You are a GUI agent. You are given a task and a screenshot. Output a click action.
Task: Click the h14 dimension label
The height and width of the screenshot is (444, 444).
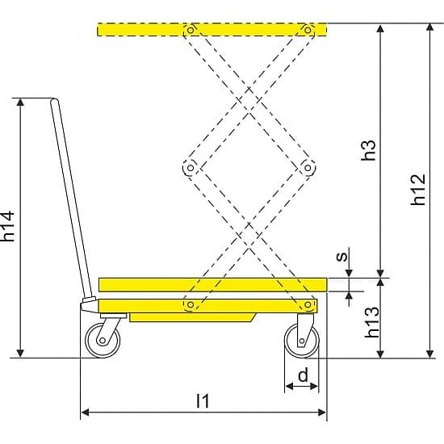click(x=8, y=226)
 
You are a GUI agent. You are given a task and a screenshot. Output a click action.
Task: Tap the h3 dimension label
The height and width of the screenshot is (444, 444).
click(x=369, y=150)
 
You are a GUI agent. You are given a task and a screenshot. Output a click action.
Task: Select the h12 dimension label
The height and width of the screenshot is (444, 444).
click(x=418, y=190)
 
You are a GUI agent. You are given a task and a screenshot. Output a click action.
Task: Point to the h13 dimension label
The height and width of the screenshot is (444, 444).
click(x=372, y=322)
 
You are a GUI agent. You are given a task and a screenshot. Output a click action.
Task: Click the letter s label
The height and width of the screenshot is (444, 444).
click(x=341, y=256)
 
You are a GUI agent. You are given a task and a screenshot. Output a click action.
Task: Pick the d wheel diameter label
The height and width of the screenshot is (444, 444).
click(x=303, y=375)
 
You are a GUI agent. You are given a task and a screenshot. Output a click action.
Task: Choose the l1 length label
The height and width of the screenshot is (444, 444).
click(x=203, y=400)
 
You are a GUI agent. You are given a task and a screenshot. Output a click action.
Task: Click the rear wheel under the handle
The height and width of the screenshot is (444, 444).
click(x=103, y=341)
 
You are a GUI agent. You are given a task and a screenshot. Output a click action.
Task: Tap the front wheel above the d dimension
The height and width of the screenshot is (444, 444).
click(x=302, y=341)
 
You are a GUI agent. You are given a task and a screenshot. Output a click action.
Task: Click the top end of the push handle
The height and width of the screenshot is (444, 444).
click(x=55, y=99)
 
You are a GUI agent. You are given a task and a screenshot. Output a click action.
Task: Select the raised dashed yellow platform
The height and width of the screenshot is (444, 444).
click(x=212, y=30)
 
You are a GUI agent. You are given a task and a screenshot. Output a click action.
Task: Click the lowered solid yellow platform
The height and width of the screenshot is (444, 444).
click(x=213, y=285)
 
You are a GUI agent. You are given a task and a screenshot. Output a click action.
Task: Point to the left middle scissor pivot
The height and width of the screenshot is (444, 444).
click(x=191, y=168)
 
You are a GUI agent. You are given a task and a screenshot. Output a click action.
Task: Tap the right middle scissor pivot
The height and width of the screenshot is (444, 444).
click(x=308, y=168)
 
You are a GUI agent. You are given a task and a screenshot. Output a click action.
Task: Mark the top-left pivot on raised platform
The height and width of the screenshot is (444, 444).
click(x=191, y=30)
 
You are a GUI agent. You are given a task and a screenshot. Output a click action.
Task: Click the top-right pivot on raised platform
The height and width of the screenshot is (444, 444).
click(x=308, y=30)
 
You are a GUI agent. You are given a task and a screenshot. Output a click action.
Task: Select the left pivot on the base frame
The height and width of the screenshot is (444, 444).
click(x=191, y=304)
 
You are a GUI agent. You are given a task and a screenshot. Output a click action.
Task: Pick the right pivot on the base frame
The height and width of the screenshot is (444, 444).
click(x=308, y=304)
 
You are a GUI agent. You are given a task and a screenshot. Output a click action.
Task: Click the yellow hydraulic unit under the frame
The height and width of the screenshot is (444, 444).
click(x=193, y=317)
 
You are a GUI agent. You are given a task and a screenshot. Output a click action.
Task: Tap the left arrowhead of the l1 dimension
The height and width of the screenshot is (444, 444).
click(x=85, y=413)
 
